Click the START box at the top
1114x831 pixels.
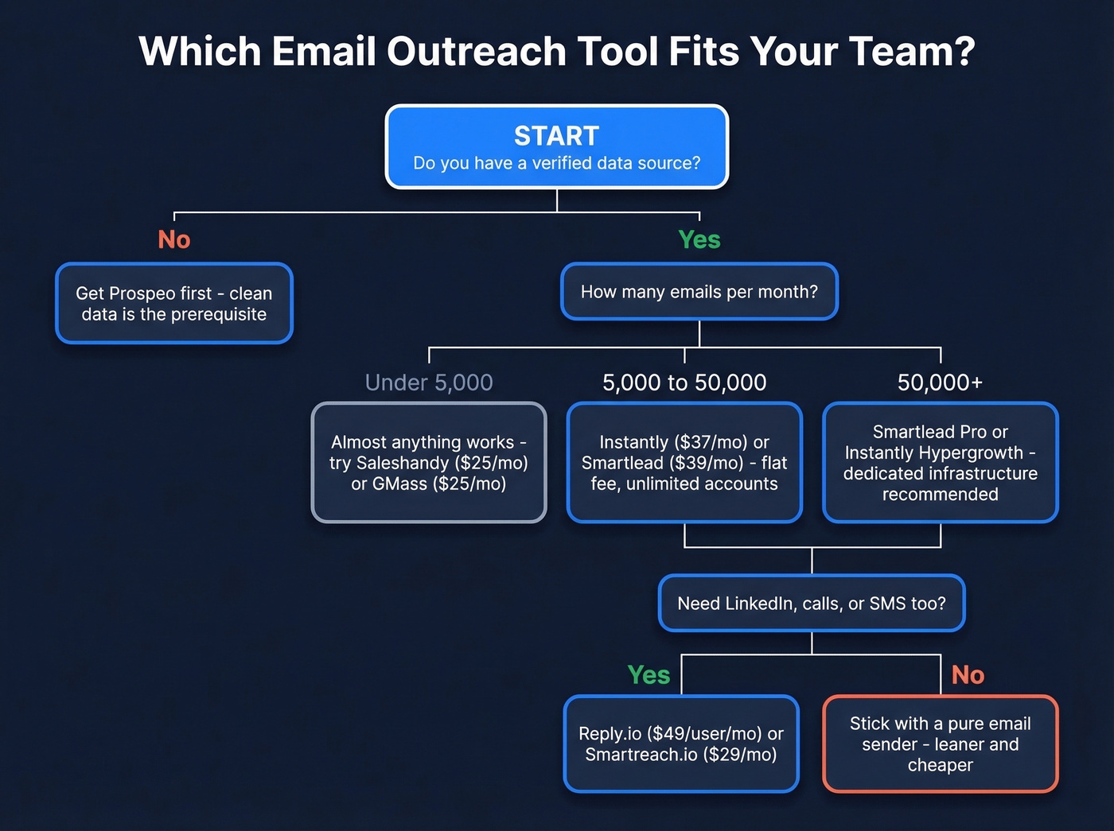[556, 147]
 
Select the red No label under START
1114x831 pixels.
[173, 239]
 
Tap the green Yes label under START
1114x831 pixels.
[699, 239]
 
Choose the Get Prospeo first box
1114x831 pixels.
[174, 304]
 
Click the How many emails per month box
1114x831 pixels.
[699, 292]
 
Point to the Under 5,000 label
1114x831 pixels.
[429, 382]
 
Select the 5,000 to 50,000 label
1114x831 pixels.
[684, 382]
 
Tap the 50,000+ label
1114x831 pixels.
[940, 382]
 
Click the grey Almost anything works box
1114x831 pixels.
[429, 463]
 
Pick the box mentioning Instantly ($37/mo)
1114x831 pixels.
[684, 463]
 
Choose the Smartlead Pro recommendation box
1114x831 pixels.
[940, 463]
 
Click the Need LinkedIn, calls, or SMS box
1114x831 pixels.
[812, 604]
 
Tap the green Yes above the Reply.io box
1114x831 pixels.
[649, 675]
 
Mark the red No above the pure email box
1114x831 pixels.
[968, 675]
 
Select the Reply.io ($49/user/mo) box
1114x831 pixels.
[681, 744]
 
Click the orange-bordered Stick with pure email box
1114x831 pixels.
[940, 744]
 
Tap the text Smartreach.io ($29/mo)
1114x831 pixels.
[681, 755]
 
